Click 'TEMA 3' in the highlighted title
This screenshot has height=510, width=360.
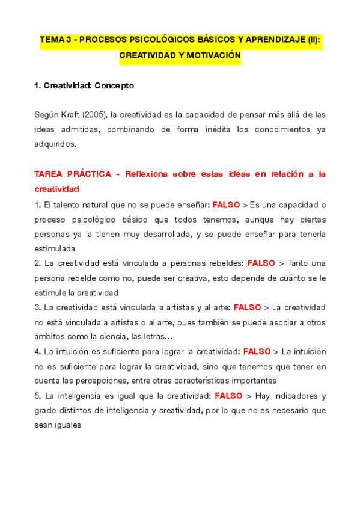coord(53,40)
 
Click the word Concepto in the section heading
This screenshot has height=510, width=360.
coord(112,86)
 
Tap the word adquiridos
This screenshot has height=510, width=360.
coord(56,144)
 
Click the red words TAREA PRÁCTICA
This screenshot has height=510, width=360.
coord(73,174)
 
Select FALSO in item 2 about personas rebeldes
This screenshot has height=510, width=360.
coord(261,263)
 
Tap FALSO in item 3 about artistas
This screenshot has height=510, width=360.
coord(247,307)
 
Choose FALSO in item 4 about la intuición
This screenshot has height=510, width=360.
coord(257,351)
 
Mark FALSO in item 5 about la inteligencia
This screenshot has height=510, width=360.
coord(228,396)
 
